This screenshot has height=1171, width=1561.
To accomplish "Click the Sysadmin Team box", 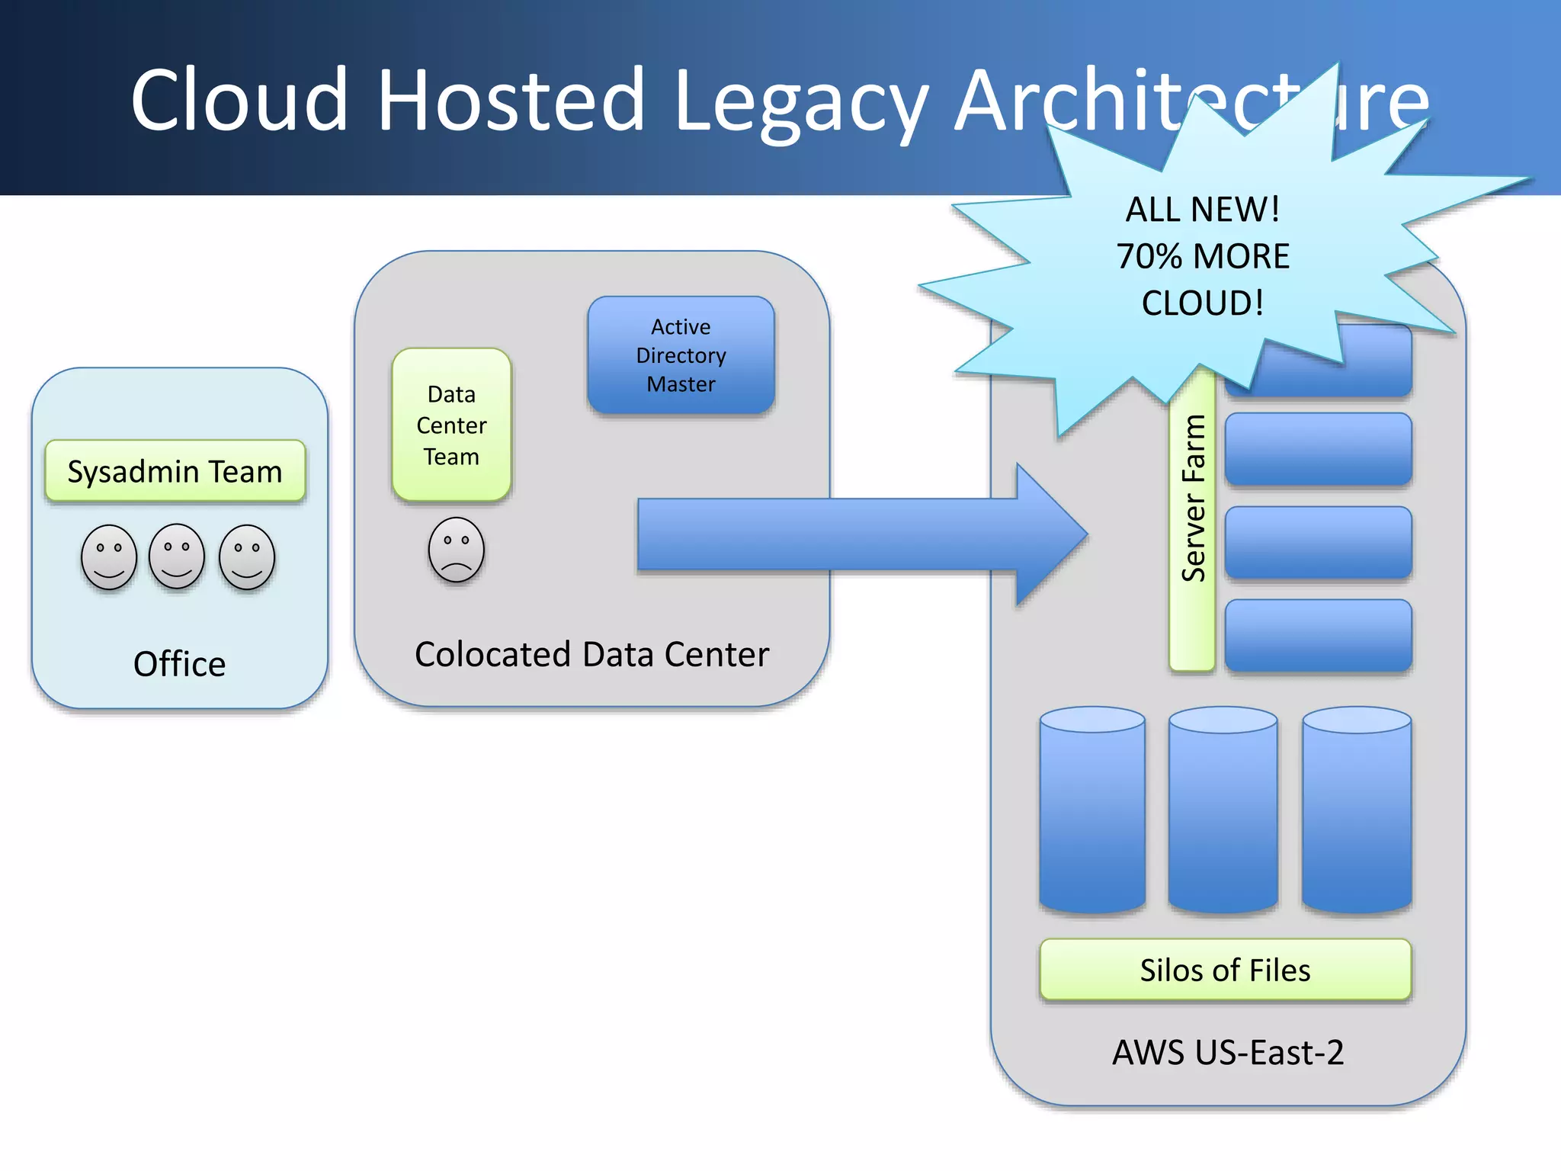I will (x=175, y=471).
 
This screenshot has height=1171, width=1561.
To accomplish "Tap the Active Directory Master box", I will (x=681, y=355).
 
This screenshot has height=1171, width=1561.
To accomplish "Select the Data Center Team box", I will (x=451, y=425).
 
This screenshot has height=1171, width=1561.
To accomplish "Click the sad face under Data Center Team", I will (x=456, y=550).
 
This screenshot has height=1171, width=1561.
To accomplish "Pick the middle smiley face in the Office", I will (x=177, y=556).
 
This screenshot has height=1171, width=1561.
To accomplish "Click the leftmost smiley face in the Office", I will (x=109, y=557).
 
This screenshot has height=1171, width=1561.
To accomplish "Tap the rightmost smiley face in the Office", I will (x=246, y=557).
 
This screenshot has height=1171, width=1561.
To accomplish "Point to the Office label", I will (x=179, y=663).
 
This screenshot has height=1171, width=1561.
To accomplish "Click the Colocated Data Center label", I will (x=591, y=654).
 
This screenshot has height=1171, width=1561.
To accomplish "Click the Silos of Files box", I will (x=1225, y=970).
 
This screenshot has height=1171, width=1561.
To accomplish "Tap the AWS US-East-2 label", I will (x=1227, y=1052).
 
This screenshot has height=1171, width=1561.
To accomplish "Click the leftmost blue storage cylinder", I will (x=1092, y=812).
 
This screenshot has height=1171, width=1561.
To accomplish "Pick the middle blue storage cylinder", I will (x=1223, y=812).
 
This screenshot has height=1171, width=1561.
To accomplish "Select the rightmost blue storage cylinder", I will (x=1357, y=812).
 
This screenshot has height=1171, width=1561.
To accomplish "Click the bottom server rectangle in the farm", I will (x=1318, y=635).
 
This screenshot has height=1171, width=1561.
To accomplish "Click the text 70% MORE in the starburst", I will (x=1203, y=256).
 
